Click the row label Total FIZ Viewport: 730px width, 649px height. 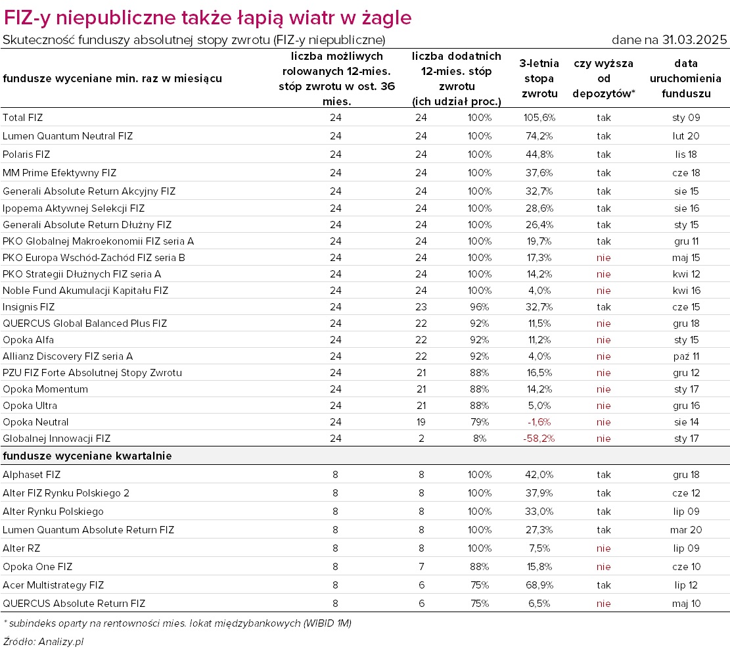point(22,118)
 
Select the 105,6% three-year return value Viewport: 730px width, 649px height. point(539,118)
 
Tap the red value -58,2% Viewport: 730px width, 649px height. point(539,439)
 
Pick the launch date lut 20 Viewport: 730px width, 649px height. point(686,136)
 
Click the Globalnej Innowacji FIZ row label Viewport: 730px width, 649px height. point(57,439)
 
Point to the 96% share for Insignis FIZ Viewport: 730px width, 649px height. point(480,307)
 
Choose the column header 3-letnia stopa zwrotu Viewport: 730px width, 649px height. point(539,78)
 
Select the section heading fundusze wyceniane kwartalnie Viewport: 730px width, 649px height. point(87,456)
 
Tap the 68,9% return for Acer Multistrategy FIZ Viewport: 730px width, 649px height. point(539,585)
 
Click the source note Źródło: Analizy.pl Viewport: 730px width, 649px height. point(43,642)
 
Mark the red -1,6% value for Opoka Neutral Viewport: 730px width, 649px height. point(539,422)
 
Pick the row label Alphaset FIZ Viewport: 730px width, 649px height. point(31,475)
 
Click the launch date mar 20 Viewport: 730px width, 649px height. point(686,530)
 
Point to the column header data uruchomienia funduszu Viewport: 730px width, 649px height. point(686,78)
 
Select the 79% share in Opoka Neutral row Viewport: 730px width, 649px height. point(480,422)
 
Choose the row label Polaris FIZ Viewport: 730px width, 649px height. point(26,155)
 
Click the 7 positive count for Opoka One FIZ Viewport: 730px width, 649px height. point(421,567)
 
